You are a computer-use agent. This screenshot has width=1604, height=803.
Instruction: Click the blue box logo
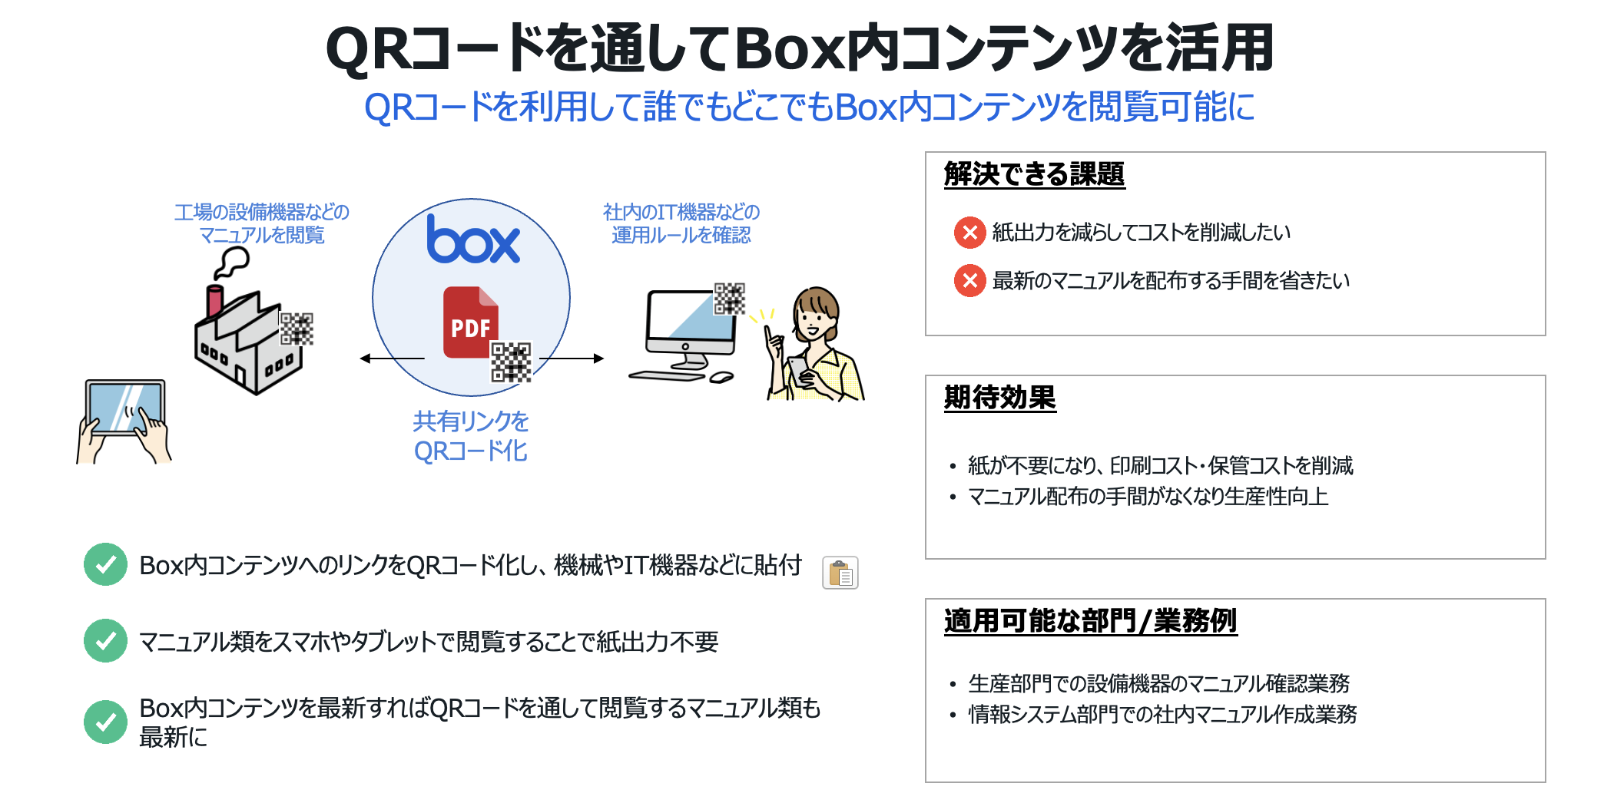tap(473, 240)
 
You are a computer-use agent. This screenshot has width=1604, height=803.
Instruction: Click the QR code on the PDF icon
tap(511, 362)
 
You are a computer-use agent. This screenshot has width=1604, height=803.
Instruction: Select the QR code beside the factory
tap(296, 329)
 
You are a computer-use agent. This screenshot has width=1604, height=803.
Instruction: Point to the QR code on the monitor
tap(729, 299)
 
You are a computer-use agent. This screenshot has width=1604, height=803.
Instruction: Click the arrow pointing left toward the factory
tap(392, 359)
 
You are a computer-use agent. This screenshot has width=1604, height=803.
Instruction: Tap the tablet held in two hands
tap(125, 408)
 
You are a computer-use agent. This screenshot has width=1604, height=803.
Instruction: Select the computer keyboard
tap(666, 376)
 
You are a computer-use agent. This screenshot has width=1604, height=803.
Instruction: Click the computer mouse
tap(721, 378)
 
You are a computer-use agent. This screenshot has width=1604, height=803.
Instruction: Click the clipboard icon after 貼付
tap(840, 573)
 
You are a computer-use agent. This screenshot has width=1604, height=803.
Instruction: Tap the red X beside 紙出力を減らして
tap(970, 233)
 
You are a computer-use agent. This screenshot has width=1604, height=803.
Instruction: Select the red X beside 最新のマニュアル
tap(970, 281)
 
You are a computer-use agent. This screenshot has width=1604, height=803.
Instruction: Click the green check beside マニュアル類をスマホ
tap(105, 641)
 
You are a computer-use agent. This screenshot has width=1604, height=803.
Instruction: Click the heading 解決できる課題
tap(1034, 174)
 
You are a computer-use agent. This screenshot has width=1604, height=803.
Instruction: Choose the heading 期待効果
tap(999, 398)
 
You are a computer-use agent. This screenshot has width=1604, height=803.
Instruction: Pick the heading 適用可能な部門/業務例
tap(1090, 621)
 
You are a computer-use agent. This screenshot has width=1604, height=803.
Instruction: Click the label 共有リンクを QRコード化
tap(471, 436)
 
